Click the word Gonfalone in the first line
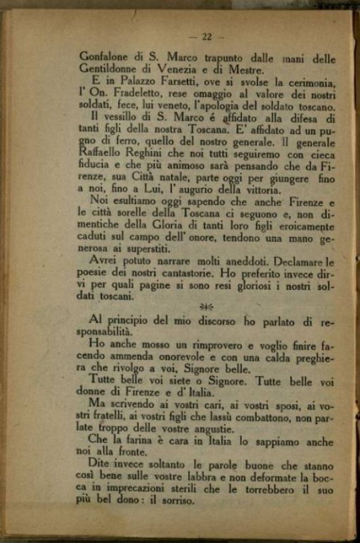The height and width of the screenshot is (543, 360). pyautogui.click(x=104, y=57)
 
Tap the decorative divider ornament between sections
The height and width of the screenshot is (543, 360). pyautogui.click(x=206, y=306)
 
